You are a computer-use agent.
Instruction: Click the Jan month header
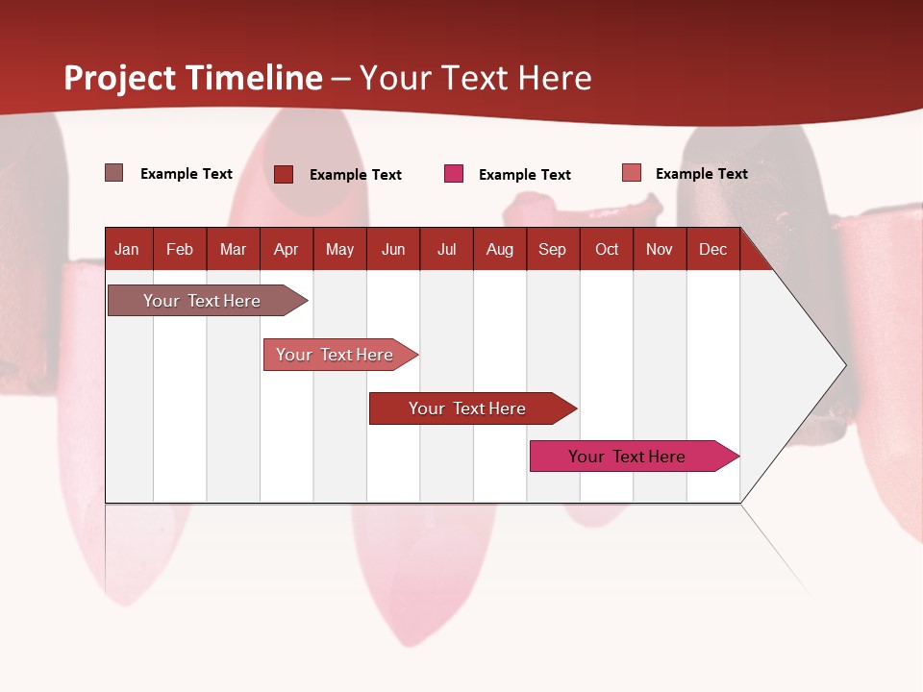coord(127,250)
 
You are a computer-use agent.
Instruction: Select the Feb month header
coord(180,250)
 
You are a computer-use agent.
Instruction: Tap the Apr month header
coord(287,250)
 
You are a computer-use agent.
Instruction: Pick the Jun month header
coord(393,250)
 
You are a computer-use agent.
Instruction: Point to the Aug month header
coord(500,250)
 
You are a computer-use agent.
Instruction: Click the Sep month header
coord(553,250)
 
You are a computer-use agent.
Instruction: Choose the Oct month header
coord(607,250)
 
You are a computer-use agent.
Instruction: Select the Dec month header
coord(713,250)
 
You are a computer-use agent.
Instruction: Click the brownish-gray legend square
coord(114,173)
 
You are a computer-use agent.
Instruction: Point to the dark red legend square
coord(284,174)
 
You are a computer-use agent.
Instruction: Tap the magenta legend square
coord(454,174)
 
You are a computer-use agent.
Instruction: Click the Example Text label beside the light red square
coord(702,174)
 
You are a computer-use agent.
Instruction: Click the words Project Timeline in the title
coord(193,78)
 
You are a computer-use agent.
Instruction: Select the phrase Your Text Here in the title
coord(476,78)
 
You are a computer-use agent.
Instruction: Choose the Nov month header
coord(660,250)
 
